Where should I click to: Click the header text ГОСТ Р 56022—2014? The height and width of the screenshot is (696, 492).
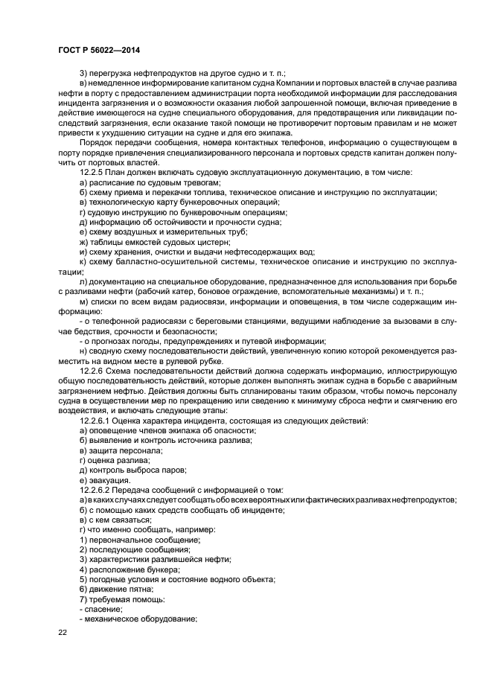(x=92, y=48)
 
